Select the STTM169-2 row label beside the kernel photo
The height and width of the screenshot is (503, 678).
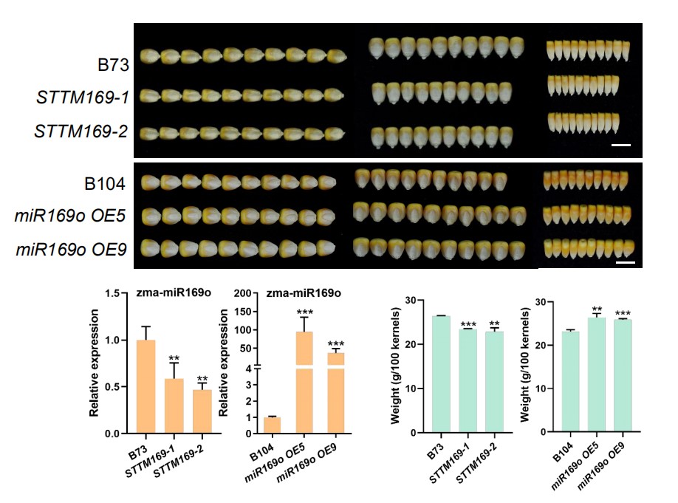(x=82, y=131)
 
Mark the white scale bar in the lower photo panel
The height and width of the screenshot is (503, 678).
(x=625, y=261)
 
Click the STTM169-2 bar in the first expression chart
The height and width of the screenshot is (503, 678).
(x=202, y=411)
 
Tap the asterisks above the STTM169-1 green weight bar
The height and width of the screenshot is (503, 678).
(x=468, y=324)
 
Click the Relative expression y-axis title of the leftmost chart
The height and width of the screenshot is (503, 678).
(x=95, y=363)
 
